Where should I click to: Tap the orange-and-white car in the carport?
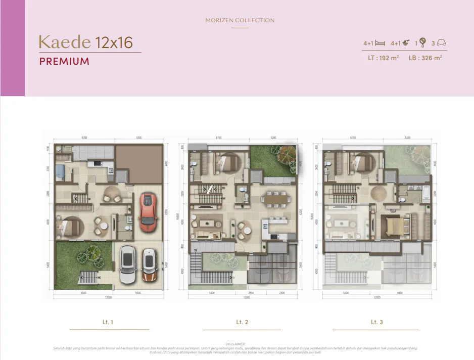[149, 265]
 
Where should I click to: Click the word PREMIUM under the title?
[64, 62]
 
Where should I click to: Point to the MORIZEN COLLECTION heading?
[240, 20]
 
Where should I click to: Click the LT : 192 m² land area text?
[383, 58]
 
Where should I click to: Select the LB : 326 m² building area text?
[425, 58]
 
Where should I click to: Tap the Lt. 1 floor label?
[109, 322]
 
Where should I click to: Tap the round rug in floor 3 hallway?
[378, 193]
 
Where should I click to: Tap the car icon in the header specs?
[441, 43]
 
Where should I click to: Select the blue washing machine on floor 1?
[60, 171]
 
